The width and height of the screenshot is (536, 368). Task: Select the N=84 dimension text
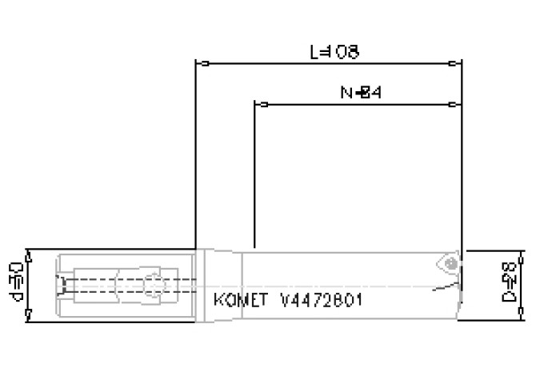[x=358, y=94]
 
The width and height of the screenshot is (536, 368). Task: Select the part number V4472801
[x=317, y=302]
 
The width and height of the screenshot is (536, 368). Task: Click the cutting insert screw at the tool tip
[x=451, y=262]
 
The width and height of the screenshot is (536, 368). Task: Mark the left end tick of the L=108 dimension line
[x=205, y=63]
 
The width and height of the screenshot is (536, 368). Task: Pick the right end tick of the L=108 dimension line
[x=458, y=63]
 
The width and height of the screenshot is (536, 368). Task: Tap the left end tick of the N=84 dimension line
[x=261, y=105]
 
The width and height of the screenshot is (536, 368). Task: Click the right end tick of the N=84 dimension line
[x=453, y=105]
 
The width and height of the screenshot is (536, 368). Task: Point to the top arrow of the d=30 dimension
[x=28, y=254]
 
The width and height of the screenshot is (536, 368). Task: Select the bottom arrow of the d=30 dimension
[x=28, y=318]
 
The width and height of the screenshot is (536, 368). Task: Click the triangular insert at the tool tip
[x=446, y=265]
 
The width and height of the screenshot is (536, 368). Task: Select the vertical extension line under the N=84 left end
[x=254, y=176]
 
